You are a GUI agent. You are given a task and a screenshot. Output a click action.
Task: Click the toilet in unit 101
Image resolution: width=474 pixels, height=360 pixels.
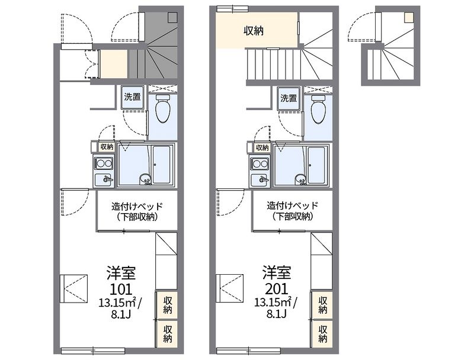(x=163, y=109)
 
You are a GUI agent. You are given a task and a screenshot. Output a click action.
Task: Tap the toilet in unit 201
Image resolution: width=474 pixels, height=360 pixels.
(x=319, y=109)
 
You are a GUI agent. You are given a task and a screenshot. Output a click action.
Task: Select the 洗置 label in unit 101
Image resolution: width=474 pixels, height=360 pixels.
(x=132, y=97)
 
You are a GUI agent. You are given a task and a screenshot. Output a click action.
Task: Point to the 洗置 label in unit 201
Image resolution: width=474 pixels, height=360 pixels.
(x=289, y=98)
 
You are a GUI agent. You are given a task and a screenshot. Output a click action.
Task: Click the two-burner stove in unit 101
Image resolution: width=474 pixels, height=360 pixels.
(x=104, y=163)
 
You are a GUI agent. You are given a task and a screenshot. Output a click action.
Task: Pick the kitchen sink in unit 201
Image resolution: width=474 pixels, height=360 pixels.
(x=260, y=181)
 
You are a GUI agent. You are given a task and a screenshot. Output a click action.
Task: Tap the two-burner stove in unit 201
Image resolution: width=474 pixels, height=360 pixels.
(x=260, y=163)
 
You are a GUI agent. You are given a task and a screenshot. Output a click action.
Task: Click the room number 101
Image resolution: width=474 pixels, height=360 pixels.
(x=121, y=290)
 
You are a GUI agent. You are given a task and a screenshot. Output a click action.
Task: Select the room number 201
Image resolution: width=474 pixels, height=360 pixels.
(x=277, y=290)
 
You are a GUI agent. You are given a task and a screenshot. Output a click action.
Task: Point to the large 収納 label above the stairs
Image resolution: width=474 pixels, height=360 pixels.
(x=254, y=31)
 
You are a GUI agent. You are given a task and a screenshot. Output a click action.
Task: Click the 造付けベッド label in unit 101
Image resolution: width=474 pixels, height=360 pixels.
(x=137, y=206)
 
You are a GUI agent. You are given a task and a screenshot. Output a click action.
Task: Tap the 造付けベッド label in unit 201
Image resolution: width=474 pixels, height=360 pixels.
(x=292, y=205)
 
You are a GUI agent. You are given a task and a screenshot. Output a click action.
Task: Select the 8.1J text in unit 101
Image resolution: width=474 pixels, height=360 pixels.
(x=121, y=315)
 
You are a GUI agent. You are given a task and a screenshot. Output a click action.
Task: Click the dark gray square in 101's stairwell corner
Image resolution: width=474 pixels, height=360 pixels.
(x=173, y=17)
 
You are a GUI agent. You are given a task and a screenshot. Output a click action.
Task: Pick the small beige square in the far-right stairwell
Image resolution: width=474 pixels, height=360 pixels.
(x=409, y=17)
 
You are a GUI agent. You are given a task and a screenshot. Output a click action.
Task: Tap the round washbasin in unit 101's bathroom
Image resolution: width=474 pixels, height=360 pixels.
(x=145, y=179)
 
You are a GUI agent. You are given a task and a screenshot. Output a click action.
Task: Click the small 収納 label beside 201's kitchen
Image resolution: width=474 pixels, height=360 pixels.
(x=262, y=147)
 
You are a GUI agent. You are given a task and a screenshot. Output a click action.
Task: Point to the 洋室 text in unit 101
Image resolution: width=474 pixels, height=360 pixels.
(x=121, y=273)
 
